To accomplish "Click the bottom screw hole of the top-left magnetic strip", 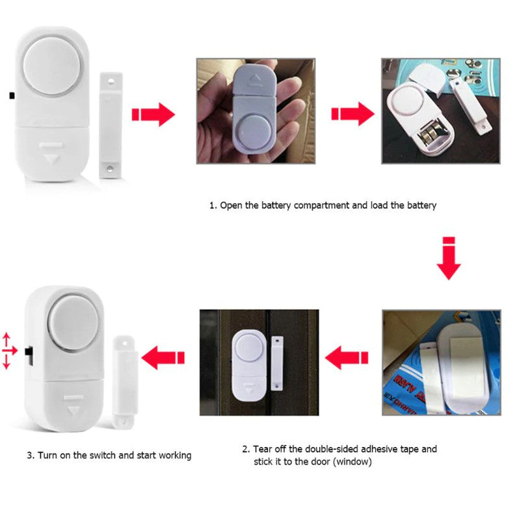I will [111, 168].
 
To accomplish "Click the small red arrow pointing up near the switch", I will [7, 338].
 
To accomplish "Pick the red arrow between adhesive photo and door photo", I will [346, 357].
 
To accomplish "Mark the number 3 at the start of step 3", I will [29, 455].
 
